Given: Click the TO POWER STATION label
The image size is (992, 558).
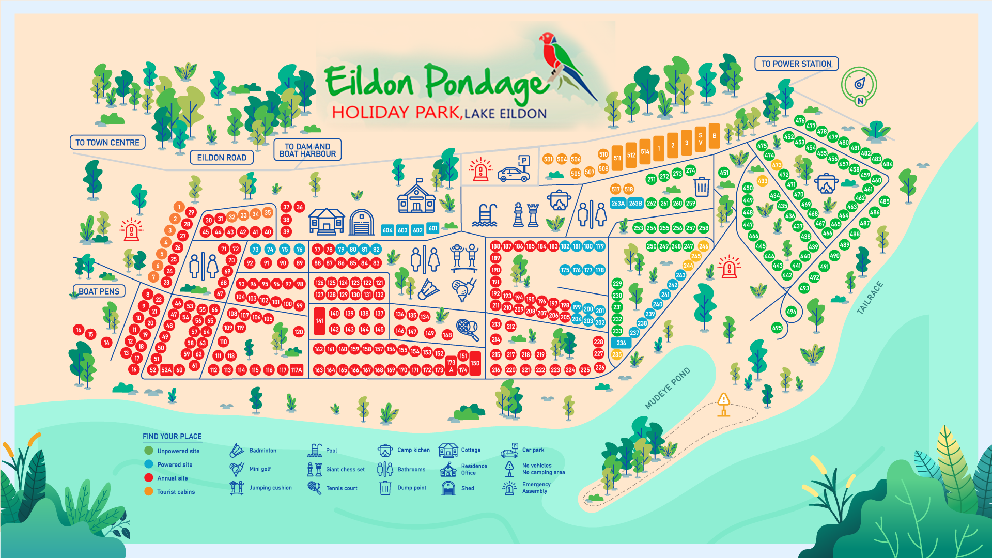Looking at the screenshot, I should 796,64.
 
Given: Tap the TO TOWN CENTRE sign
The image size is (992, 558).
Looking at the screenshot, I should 107,143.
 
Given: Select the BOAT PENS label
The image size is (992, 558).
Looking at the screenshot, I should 99,291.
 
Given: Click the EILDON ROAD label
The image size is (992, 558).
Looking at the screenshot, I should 222,158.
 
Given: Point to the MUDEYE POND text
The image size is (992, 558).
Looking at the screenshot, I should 667,388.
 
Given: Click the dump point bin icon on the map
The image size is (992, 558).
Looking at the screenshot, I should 701,187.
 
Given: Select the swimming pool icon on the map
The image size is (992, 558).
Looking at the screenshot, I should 485,215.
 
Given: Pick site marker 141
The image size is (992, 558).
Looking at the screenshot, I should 319,321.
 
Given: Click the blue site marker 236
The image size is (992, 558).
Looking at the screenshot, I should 621,343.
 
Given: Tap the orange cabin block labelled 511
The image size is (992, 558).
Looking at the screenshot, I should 617,158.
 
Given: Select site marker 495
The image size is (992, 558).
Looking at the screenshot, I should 777,328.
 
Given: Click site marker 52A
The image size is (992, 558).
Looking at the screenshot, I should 166,370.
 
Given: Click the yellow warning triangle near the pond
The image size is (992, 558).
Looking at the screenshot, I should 723,400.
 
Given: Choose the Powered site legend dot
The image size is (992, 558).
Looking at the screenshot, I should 149,464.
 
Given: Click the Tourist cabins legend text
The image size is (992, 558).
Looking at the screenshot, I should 176,492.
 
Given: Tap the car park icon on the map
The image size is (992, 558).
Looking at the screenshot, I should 515,170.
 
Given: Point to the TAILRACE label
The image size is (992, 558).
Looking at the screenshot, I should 870,298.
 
